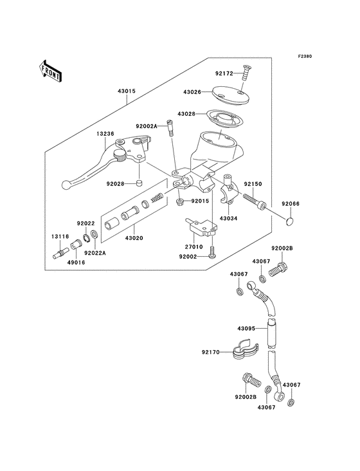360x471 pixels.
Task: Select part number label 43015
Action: (126, 91)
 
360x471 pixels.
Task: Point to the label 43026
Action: (195, 93)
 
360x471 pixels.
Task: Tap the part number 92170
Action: (212, 353)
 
